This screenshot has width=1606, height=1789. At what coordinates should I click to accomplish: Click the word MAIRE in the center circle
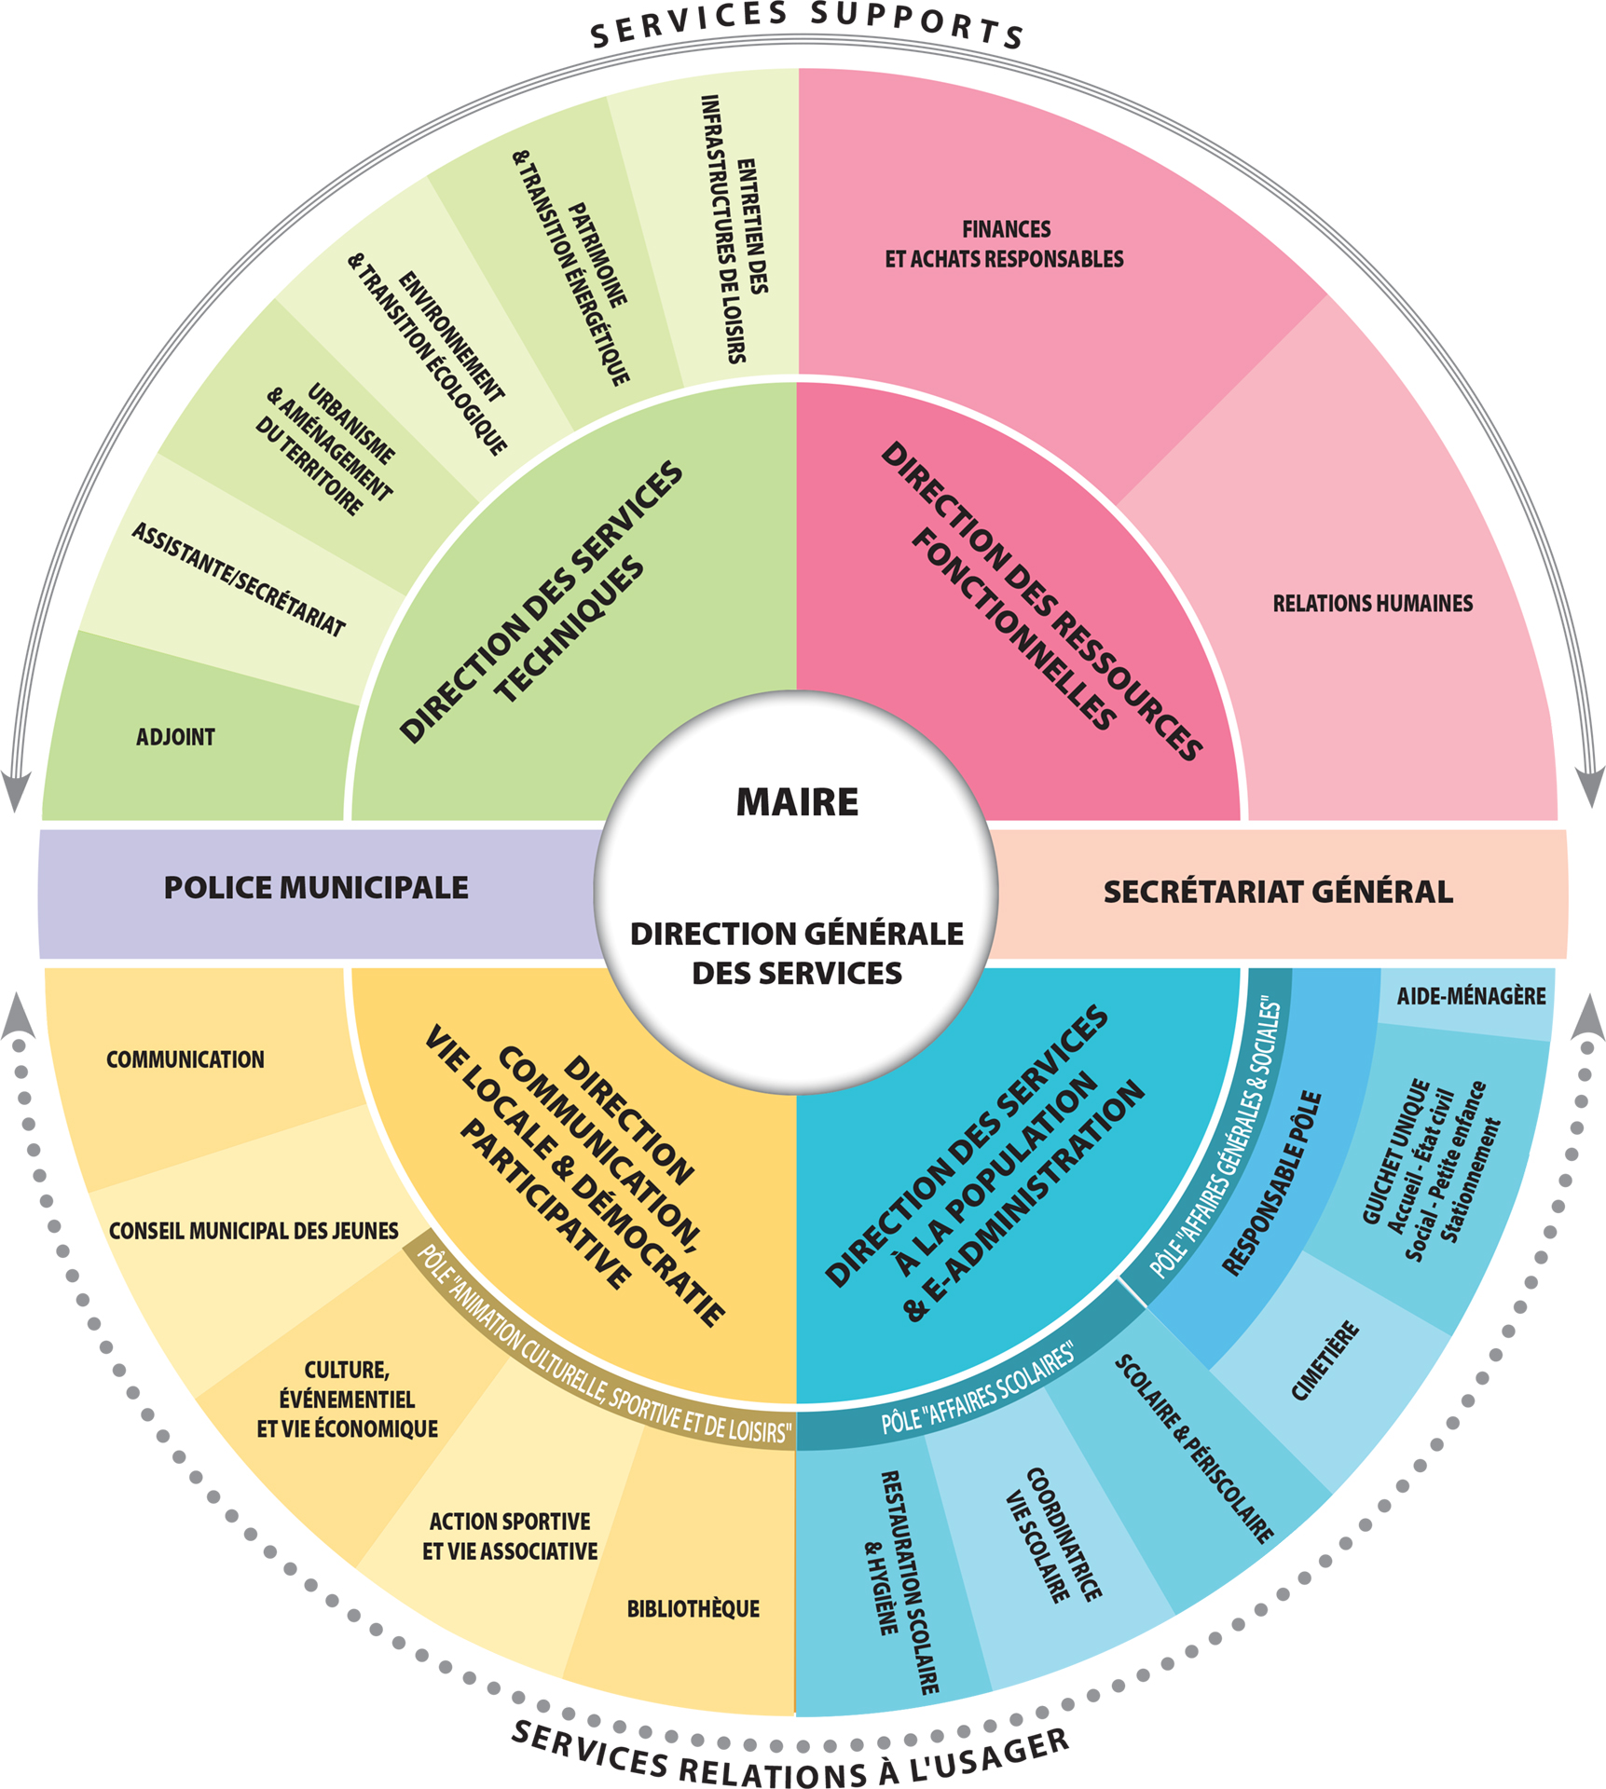point(797,802)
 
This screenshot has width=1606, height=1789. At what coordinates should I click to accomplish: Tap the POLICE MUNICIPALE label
point(316,888)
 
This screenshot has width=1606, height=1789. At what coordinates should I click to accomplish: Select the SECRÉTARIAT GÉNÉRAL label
point(1278,892)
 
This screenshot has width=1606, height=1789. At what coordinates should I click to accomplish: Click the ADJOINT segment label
point(175,737)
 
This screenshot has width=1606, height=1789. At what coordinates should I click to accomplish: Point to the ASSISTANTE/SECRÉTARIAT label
point(239,580)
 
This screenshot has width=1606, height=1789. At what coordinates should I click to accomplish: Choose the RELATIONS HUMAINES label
point(1372,604)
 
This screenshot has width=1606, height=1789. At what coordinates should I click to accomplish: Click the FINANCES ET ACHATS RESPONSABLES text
point(1005,244)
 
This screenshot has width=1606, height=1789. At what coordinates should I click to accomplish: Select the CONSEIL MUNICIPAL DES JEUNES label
point(254,1231)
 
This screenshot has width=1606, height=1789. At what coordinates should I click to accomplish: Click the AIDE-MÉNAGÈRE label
point(1471,996)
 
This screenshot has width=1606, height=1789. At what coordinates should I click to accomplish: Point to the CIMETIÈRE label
point(1325,1361)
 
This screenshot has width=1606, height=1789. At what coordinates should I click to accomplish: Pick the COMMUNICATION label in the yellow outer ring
point(185,1059)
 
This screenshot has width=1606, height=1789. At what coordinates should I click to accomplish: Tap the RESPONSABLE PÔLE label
point(1271,1183)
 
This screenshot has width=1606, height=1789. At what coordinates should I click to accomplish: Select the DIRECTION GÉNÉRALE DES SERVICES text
point(797,953)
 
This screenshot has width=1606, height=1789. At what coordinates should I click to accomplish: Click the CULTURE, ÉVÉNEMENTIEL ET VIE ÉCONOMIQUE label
point(347,1399)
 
